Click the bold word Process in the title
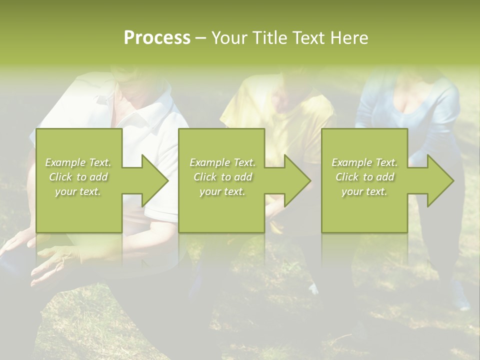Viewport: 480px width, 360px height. click(x=157, y=38)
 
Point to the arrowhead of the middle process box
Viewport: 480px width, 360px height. click(x=296, y=180)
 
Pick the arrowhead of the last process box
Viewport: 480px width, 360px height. click(x=439, y=180)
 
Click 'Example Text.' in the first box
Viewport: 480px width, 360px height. click(x=78, y=162)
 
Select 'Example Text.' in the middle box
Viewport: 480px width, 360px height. click(x=222, y=162)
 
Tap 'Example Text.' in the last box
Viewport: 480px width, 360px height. click(x=364, y=162)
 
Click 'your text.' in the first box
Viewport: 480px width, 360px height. click(x=78, y=191)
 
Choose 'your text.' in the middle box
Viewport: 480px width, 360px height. click(x=222, y=191)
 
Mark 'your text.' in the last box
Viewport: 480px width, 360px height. click(x=364, y=191)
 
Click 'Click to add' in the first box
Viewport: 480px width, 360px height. click(x=78, y=177)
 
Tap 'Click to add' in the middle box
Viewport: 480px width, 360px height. click(x=222, y=177)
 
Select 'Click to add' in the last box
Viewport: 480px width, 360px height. click(x=364, y=177)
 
